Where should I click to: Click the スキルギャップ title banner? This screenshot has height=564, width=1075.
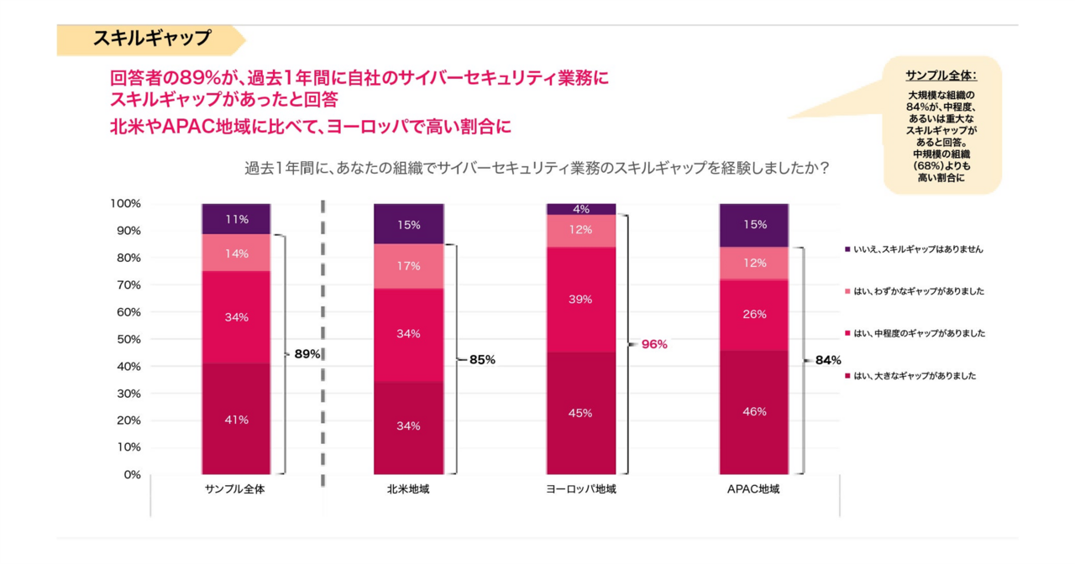pyautogui.click(x=151, y=39)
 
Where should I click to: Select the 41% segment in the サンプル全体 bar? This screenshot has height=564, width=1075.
pyautogui.click(x=236, y=419)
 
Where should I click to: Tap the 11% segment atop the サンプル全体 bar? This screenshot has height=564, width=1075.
pyautogui.click(x=236, y=219)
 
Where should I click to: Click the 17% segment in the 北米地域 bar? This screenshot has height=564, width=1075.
pyautogui.click(x=409, y=266)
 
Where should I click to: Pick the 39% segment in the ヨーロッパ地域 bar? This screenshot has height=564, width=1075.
pyautogui.click(x=581, y=299)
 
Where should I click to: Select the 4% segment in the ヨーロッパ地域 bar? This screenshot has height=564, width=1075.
pyautogui.click(x=581, y=209)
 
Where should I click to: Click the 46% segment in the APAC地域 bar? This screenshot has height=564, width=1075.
pyautogui.click(x=753, y=411)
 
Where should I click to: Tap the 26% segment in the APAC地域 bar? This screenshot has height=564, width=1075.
pyautogui.click(x=753, y=314)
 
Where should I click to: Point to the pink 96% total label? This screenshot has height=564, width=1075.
pyautogui.click(x=654, y=344)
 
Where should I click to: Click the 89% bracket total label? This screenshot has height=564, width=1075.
pyautogui.click(x=307, y=354)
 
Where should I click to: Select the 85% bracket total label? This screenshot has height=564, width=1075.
pyautogui.click(x=482, y=360)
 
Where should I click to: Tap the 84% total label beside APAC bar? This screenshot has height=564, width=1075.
pyautogui.click(x=827, y=360)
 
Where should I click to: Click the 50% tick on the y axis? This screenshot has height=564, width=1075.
pyautogui.click(x=126, y=339)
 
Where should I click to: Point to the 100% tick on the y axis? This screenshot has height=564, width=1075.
pyautogui.click(x=124, y=204)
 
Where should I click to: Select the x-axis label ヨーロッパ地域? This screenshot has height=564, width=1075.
pyautogui.click(x=581, y=489)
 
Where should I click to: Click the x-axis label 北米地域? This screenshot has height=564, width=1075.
pyautogui.click(x=409, y=489)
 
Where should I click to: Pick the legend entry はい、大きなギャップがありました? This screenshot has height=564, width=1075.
pyautogui.click(x=915, y=376)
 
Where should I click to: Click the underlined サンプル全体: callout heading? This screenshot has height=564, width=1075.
pyautogui.click(x=941, y=76)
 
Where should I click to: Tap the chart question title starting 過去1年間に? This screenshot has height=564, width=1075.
pyautogui.click(x=537, y=168)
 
